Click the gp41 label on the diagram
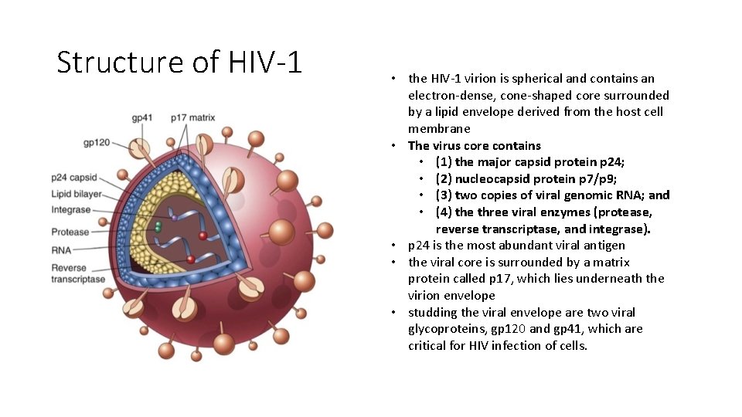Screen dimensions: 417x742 coord(142,118)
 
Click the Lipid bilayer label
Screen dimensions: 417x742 coord(77,194)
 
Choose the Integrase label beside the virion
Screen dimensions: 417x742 coord(71,209)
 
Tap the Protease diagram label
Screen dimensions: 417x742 coord(70,232)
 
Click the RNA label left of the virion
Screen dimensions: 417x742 coord(61,250)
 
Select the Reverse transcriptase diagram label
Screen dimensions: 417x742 coord(78,273)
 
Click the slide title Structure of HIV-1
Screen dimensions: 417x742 coord(179,62)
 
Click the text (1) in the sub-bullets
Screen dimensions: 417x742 coord(444,162)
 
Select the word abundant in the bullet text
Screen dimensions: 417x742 coord(525,246)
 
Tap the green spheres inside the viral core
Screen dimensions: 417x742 coord(158,226)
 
